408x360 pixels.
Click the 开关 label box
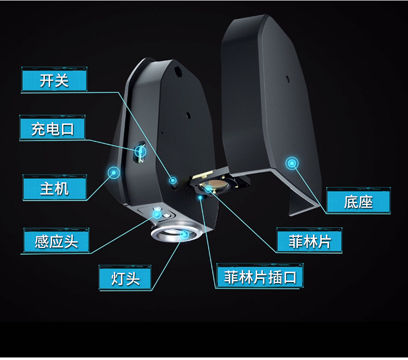54,81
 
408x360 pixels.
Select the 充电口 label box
52,128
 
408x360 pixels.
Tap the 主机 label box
54,188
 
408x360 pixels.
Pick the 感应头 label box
56,241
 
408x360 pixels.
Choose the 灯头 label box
125,278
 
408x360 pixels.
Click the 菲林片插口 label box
260,277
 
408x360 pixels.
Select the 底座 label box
358,201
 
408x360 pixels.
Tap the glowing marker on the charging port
140,151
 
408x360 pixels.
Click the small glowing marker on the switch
174,180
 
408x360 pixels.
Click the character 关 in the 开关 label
61,81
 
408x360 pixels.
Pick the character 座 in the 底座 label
366,201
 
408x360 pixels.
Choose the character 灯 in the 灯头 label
118,278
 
